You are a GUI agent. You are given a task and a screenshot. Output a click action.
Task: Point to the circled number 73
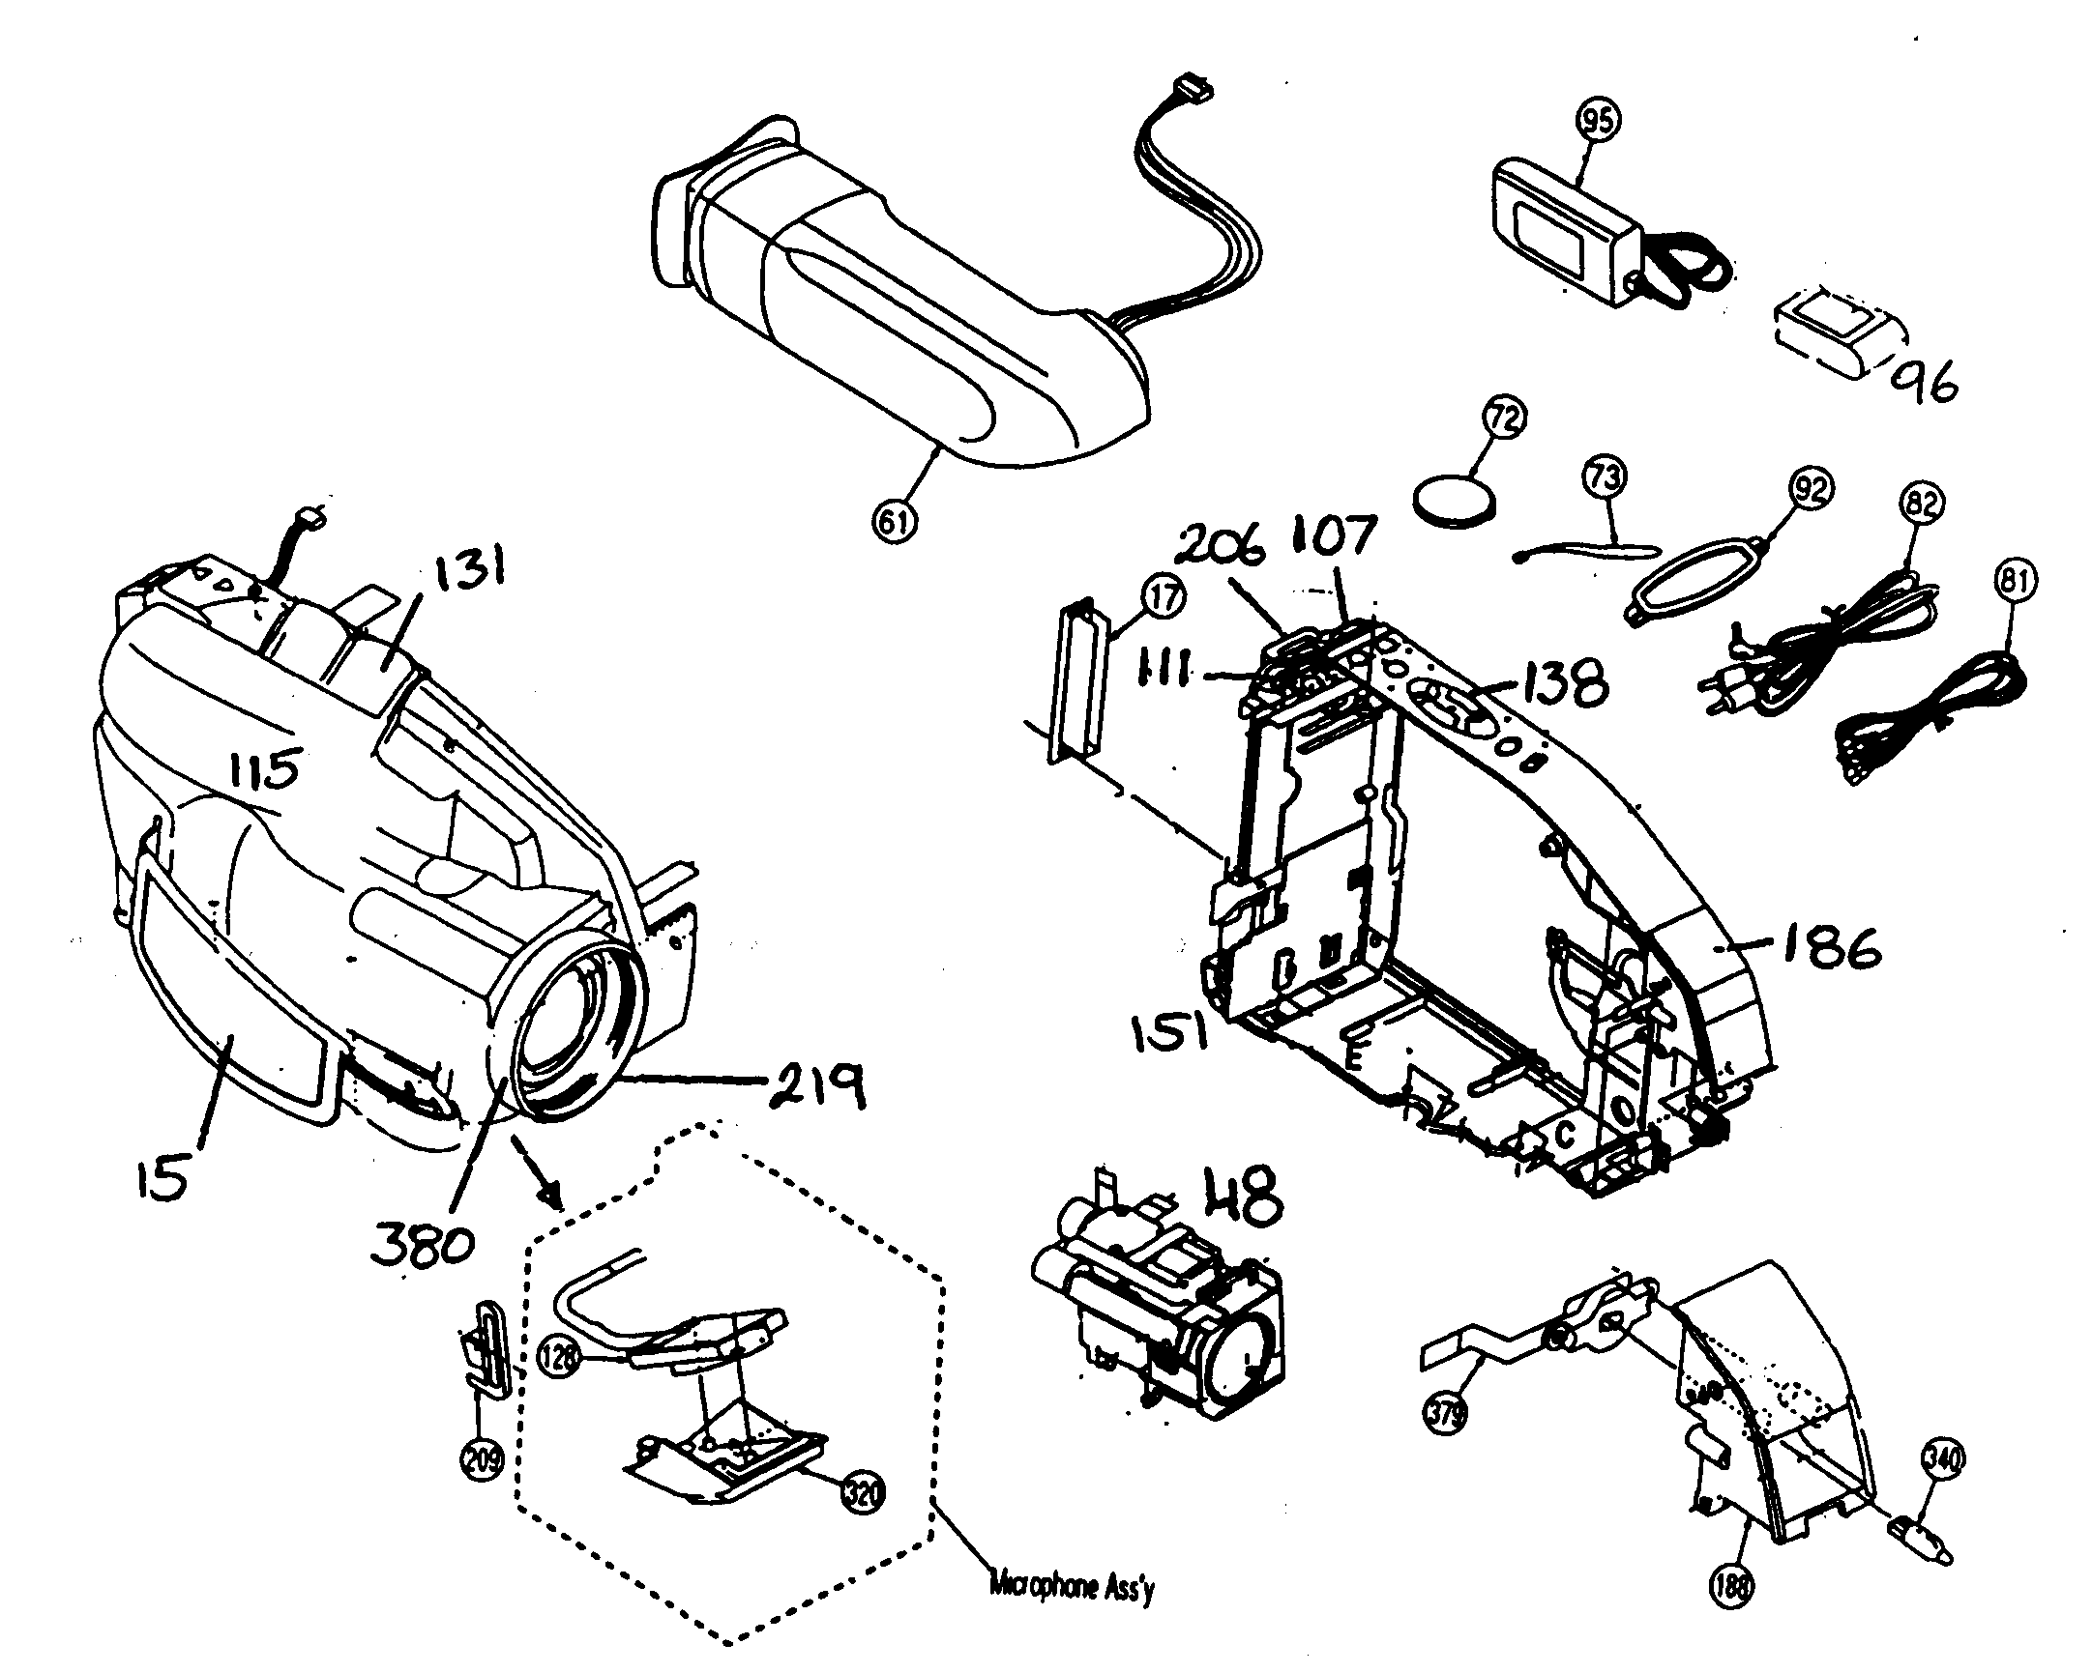(x=1604, y=477)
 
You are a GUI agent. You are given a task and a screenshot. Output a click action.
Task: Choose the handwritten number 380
(x=422, y=1241)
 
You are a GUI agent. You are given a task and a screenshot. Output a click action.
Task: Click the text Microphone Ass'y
(x=1073, y=1589)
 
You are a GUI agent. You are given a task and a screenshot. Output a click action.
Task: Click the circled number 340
(x=1941, y=1457)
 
